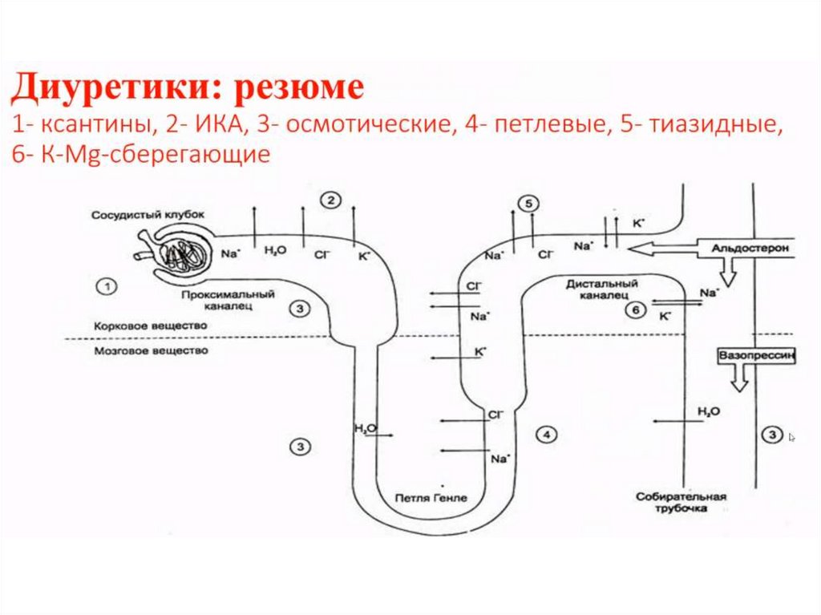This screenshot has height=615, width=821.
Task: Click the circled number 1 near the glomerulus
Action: pyautogui.click(x=105, y=284)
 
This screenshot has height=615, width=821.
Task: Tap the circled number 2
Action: pyautogui.click(x=330, y=200)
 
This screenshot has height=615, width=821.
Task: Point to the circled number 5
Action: pyautogui.click(x=528, y=204)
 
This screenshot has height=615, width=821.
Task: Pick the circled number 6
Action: pyautogui.click(x=633, y=311)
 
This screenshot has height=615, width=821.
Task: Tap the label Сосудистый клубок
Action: pyautogui.click(x=148, y=215)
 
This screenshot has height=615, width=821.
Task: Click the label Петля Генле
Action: pyautogui.click(x=431, y=498)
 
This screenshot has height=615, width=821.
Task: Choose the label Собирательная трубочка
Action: pyautogui.click(x=681, y=503)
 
